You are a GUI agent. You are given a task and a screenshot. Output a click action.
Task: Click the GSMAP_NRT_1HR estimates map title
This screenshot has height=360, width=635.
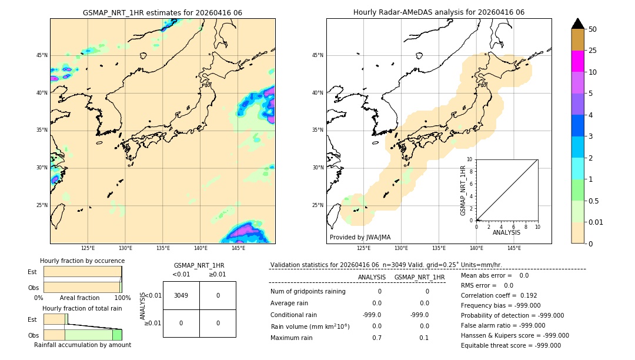coord(162,12)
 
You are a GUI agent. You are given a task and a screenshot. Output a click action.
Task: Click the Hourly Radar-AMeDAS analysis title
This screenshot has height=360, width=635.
coord(439,12)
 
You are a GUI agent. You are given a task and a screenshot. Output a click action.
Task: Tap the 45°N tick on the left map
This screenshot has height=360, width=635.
coord(42,55)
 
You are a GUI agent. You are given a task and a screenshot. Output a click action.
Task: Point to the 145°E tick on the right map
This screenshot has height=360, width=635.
coord(514,248)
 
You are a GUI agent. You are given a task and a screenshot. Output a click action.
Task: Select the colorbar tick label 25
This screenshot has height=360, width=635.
coord(593,51)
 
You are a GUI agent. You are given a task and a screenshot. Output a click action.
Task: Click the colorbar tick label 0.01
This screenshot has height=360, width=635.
coord(596,222)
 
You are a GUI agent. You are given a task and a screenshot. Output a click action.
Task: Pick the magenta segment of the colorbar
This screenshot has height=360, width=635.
coord(577,61)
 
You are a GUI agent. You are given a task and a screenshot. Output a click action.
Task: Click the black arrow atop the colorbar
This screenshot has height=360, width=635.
coord(578,24)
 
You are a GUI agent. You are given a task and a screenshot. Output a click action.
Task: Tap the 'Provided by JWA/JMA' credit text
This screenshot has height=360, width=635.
coord(360,238)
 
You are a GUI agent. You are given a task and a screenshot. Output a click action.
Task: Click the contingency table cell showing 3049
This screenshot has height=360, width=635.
coord(181,295)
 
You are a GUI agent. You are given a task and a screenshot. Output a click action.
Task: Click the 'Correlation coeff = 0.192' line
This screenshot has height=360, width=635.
coord(499,296)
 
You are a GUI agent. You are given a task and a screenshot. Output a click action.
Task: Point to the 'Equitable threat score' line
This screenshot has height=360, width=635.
coord(510,346)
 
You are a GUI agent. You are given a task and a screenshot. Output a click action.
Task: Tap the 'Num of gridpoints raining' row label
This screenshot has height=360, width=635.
coord(308,292)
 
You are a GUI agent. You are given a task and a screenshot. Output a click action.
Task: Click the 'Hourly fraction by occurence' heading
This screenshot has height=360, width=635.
coord(82,261)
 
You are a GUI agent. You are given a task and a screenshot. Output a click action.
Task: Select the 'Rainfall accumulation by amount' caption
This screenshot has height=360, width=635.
coord(82,345)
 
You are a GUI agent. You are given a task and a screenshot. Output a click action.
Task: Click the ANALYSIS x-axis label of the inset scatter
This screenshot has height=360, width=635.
coord(506,233)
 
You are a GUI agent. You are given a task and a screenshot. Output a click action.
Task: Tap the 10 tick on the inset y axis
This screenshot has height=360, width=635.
coord(469,159)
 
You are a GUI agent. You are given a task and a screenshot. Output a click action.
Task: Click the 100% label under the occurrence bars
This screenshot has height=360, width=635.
coord(122,298)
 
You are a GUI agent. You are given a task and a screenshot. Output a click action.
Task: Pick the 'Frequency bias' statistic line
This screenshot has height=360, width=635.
coord(500,306)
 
